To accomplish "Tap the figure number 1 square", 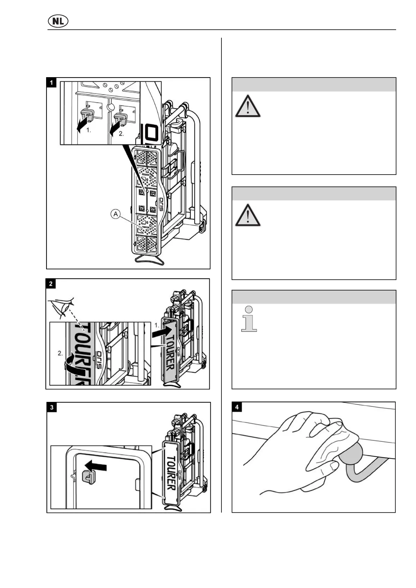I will coord(51,83).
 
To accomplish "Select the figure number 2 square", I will coord(51,284).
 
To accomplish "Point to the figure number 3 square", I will coord(52,407).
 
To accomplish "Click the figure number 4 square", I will coord(237,407).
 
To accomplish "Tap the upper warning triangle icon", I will coord(248,106).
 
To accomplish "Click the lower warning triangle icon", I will coord(248,215).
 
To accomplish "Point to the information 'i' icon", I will coord(249,319).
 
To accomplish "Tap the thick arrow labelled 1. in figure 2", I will coord(162,332).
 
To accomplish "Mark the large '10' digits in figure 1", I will coord(151,133).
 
